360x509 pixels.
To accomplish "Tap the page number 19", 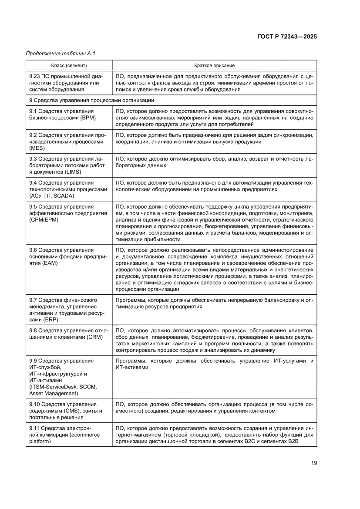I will (x=313, y=463).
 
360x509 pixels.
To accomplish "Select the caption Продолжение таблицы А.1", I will (x=61, y=54).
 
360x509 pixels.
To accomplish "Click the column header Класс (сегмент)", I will (x=69, y=65).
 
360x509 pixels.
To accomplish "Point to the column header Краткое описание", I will (x=214, y=65).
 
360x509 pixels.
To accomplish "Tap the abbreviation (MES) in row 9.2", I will (x=37, y=148).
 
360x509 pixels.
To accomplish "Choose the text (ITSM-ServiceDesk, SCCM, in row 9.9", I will (x=63, y=387).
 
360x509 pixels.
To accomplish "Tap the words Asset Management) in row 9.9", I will (x=54, y=394).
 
